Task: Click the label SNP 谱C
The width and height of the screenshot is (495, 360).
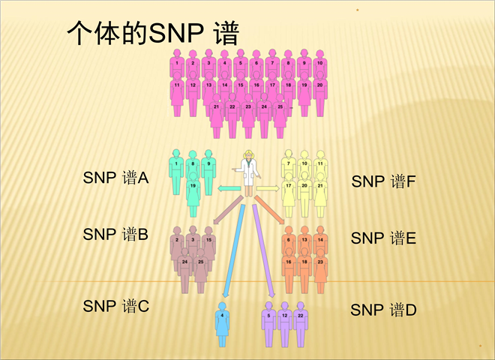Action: click(116, 306)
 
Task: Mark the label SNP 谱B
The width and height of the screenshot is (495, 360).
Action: click(115, 234)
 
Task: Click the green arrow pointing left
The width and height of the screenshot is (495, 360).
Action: click(226, 188)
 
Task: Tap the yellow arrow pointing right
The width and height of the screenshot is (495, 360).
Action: click(268, 187)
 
